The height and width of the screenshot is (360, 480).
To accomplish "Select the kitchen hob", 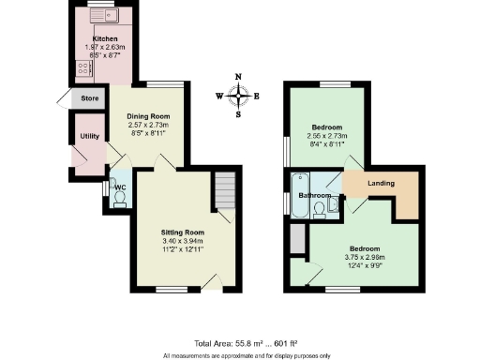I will click(x=80, y=68).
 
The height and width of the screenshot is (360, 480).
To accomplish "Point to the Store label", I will click(x=90, y=97).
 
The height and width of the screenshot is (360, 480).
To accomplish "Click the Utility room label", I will click(x=90, y=137).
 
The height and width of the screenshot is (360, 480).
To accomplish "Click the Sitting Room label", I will click(x=182, y=231).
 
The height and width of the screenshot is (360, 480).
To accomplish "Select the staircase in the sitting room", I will click(x=223, y=191).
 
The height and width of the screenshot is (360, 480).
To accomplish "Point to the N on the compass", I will click(x=239, y=77).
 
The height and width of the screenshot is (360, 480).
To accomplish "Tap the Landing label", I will click(x=380, y=183).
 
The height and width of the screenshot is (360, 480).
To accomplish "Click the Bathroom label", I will click(x=315, y=195).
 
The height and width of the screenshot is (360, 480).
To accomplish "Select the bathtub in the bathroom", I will click(x=300, y=194).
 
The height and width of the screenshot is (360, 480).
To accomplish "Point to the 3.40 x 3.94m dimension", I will click(x=182, y=241).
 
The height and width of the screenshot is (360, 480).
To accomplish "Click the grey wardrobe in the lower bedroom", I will click(x=296, y=240).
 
